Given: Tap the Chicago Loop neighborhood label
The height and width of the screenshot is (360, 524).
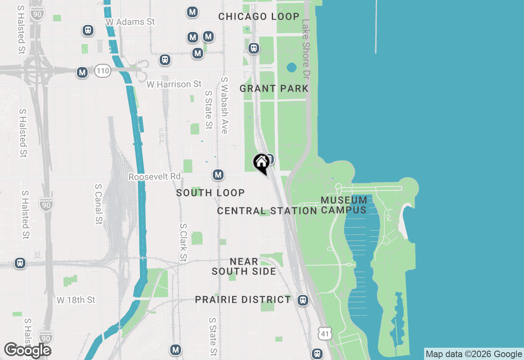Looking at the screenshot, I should (x=259, y=17).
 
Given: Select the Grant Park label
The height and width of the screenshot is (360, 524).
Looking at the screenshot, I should (x=274, y=88).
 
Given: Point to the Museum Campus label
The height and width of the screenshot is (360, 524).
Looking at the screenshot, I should (x=344, y=205).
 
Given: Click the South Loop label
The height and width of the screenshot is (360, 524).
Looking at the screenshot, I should (x=210, y=193).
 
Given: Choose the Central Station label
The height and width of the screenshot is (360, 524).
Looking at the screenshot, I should (x=267, y=211).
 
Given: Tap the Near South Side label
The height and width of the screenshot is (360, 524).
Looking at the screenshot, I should (x=244, y=266).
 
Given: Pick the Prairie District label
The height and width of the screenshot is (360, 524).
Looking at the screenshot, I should (x=243, y=299).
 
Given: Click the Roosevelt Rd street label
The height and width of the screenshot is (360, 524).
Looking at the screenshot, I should (x=154, y=177).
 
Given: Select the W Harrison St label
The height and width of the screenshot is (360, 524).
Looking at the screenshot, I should (x=174, y=84).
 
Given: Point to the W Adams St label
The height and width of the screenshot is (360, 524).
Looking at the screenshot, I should (x=130, y=22).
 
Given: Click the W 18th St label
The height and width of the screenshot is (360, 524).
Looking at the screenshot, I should (x=76, y=300).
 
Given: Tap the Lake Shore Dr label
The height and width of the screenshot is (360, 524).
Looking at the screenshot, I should (x=306, y=49).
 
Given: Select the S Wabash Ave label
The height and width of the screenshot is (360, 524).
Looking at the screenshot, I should (x=224, y=105).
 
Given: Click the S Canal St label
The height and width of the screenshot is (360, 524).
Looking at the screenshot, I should (x=98, y=204).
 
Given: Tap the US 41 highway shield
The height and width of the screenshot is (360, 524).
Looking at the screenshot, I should (x=325, y=333).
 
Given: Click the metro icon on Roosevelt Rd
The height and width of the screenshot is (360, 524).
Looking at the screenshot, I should (x=218, y=175).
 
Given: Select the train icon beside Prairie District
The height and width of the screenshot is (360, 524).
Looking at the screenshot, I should (x=303, y=300).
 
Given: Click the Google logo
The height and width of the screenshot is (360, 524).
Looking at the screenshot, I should (x=27, y=351).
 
